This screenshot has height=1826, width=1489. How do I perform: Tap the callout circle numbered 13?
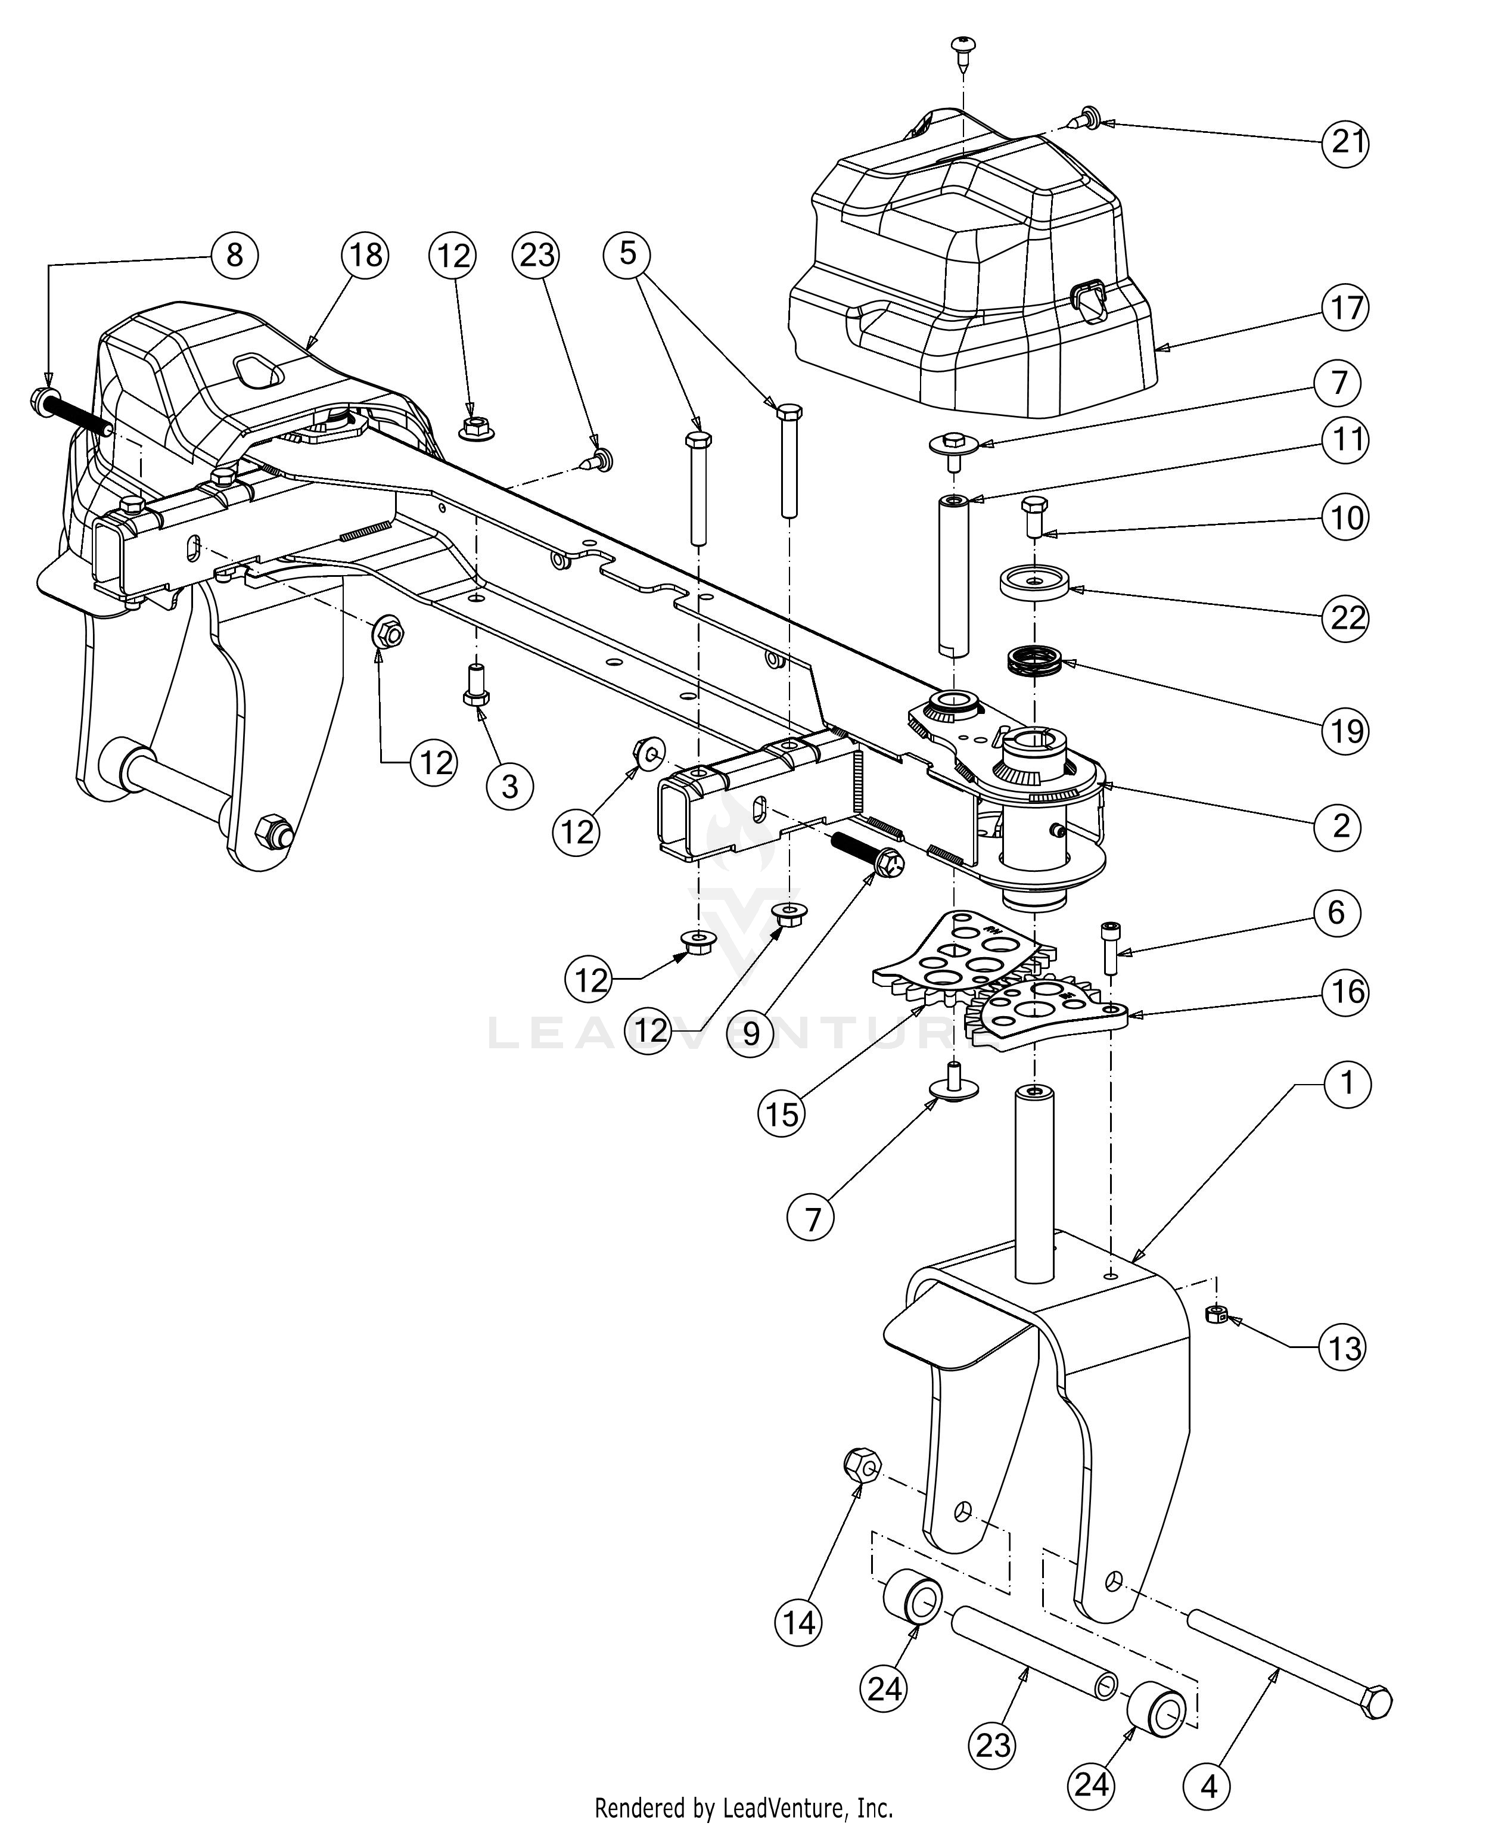point(1343,1348)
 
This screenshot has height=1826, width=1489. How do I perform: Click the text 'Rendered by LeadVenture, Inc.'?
point(744,1808)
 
